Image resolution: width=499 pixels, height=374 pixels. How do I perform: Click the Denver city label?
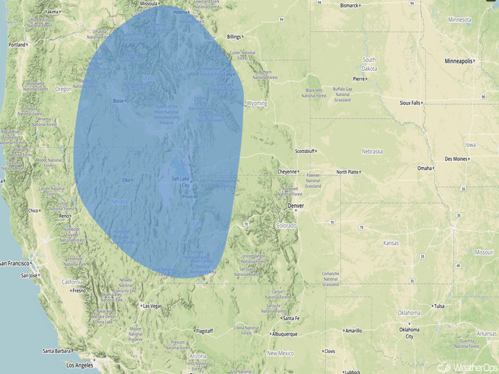pyautogui.click(x=296, y=206)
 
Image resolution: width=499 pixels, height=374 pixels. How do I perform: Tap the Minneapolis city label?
pyautogui.click(x=459, y=62)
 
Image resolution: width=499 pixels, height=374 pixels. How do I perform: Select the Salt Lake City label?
pyautogui.click(x=180, y=182)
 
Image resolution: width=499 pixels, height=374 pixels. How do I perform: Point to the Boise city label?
pyautogui.click(x=118, y=101)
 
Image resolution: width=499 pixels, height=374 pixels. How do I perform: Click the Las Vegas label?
pyautogui.click(x=152, y=306)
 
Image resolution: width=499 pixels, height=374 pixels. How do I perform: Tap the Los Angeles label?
pyautogui.click(x=80, y=365)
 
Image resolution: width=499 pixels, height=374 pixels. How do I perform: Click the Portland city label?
pyautogui.click(x=17, y=45)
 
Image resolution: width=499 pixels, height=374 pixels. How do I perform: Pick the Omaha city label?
pyautogui.click(x=424, y=168)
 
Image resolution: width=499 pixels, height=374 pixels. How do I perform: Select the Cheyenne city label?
pyautogui.click(x=287, y=172)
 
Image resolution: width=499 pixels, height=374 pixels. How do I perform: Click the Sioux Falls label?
pyautogui.click(x=410, y=103)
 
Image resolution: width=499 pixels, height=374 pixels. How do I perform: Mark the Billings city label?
pyautogui.click(x=234, y=37)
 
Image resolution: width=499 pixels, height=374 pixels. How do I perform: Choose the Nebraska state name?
pyautogui.click(x=372, y=151)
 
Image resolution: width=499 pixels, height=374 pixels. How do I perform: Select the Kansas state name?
pyautogui.click(x=391, y=243)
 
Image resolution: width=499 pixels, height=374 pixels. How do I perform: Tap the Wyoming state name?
pyautogui.click(x=257, y=103)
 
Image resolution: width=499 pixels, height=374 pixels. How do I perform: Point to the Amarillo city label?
pyautogui.click(x=353, y=330)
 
